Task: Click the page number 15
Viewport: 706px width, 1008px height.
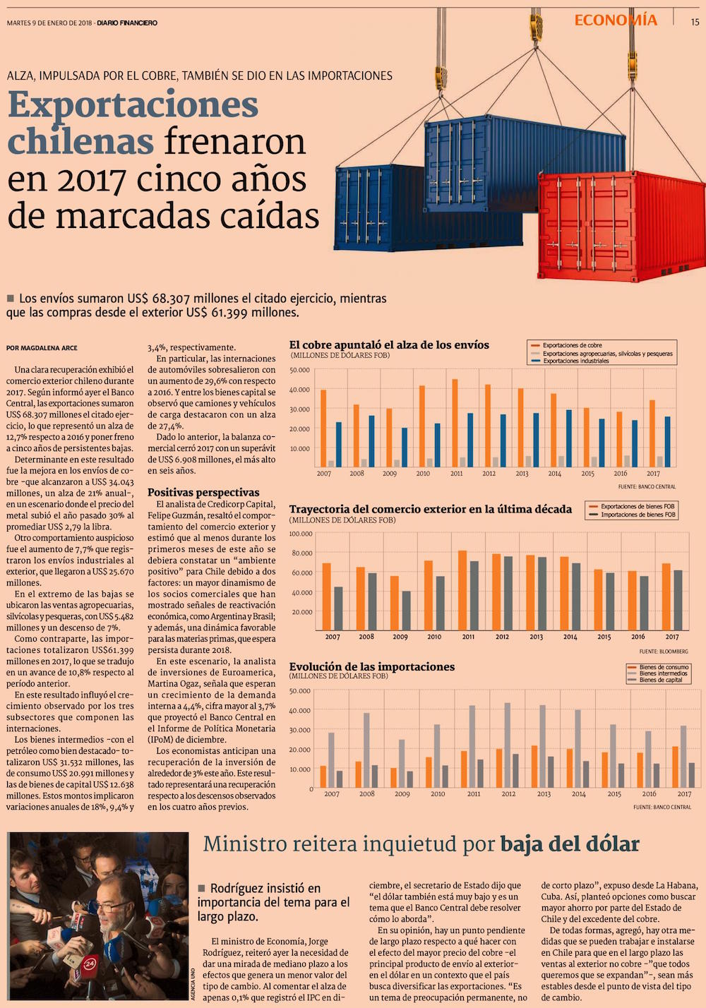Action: (695, 23)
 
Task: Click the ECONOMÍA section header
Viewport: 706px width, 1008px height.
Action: (616, 20)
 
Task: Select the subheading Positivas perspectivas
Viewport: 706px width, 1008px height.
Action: (203, 493)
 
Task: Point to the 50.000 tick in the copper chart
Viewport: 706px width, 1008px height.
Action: (299, 370)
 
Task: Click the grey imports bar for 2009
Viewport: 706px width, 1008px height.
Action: (406, 610)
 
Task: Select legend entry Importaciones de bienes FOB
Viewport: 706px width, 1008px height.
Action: (638, 515)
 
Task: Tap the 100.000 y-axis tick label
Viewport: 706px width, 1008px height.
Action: (301, 534)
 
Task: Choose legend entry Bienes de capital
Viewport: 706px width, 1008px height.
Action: (660, 680)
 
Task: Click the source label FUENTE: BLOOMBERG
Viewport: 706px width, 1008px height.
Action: (664, 652)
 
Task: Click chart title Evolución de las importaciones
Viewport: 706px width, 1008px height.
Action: (372, 667)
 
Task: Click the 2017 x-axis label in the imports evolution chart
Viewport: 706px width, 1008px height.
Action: (684, 794)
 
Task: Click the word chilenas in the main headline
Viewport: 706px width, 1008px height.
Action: (80, 140)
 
